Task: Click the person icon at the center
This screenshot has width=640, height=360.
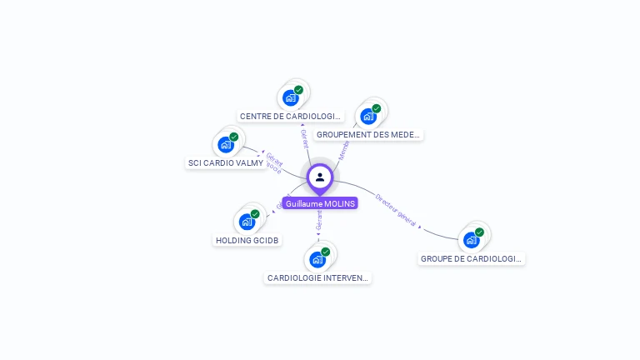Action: pyautogui.click(x=320, y=177)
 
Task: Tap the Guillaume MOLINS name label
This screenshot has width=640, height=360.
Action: pyautogui.click(x=320, y=203)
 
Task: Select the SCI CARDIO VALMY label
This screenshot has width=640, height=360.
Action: pyautogui.click(x=226, y=163)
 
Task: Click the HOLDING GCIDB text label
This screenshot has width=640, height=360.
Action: pyautogui.click(x=247, y=240)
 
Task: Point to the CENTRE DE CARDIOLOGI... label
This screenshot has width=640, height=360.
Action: pyautogui.click(x=291, y=117)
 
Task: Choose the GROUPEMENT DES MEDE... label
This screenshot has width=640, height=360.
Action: pyautogui.click(x=369, y=134)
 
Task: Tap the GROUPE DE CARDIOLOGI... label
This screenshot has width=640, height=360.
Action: pyautogui.click(x=472, y=259)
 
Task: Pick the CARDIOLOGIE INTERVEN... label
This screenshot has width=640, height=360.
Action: pyautogui.click(x=317, y=277)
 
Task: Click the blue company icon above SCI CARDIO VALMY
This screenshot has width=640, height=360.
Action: pyautogui.click(x=225, y=145)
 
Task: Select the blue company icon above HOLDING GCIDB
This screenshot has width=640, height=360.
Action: pyautogui.click(x=247, y=222)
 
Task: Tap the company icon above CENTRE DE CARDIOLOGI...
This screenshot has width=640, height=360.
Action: pyautogui.click(x=290, y=98)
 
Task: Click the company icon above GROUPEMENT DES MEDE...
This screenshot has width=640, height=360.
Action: pyautogui.click(x=367, y=117)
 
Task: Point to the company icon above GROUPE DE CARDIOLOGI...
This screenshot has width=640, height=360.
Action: pyautogui.click(x=471, y=240)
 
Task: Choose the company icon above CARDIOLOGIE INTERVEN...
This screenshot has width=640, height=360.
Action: pyautogui.click(x=317, y=260)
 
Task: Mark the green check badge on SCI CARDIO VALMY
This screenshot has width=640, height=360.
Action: pyautogui.click(x=234, y=137)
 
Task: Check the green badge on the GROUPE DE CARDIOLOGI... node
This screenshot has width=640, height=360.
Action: pyautogui.click(x=479, y=232)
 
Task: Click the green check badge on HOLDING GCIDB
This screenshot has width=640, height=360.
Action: pyautogui.click(x=255, y=214)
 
